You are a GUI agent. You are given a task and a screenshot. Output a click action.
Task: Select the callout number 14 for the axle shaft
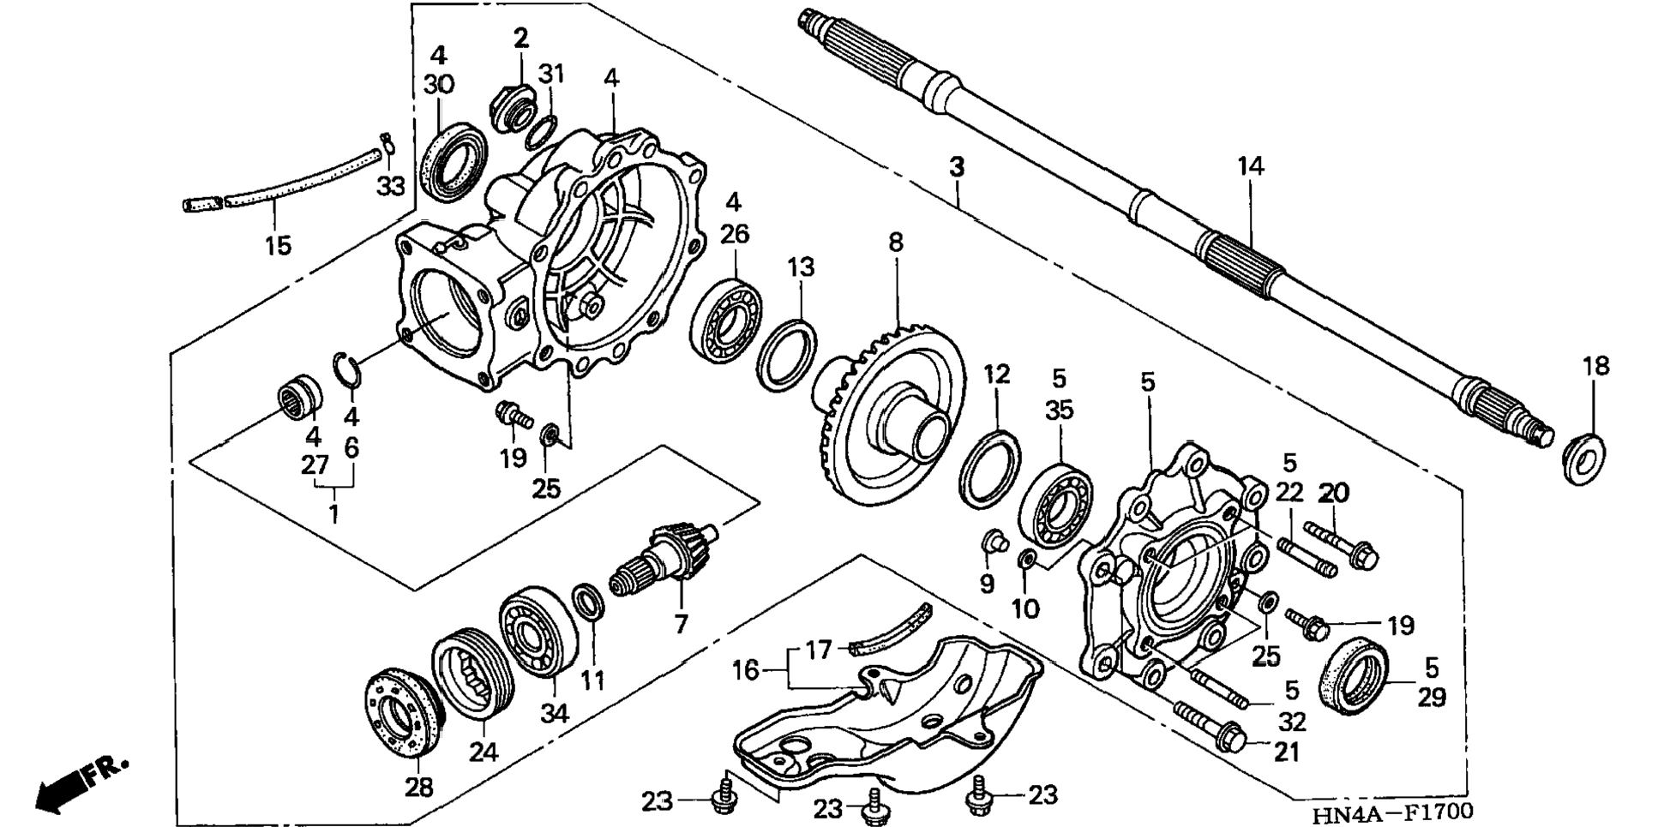click(1250, 165)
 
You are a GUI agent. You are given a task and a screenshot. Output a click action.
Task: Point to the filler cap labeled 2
click(513, 105)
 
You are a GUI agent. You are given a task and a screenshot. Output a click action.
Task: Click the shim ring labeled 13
click(787, 352)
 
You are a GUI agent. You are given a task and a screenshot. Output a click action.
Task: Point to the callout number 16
click(745, 668)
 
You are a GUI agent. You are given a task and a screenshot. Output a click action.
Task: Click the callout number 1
click(333, 513)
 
